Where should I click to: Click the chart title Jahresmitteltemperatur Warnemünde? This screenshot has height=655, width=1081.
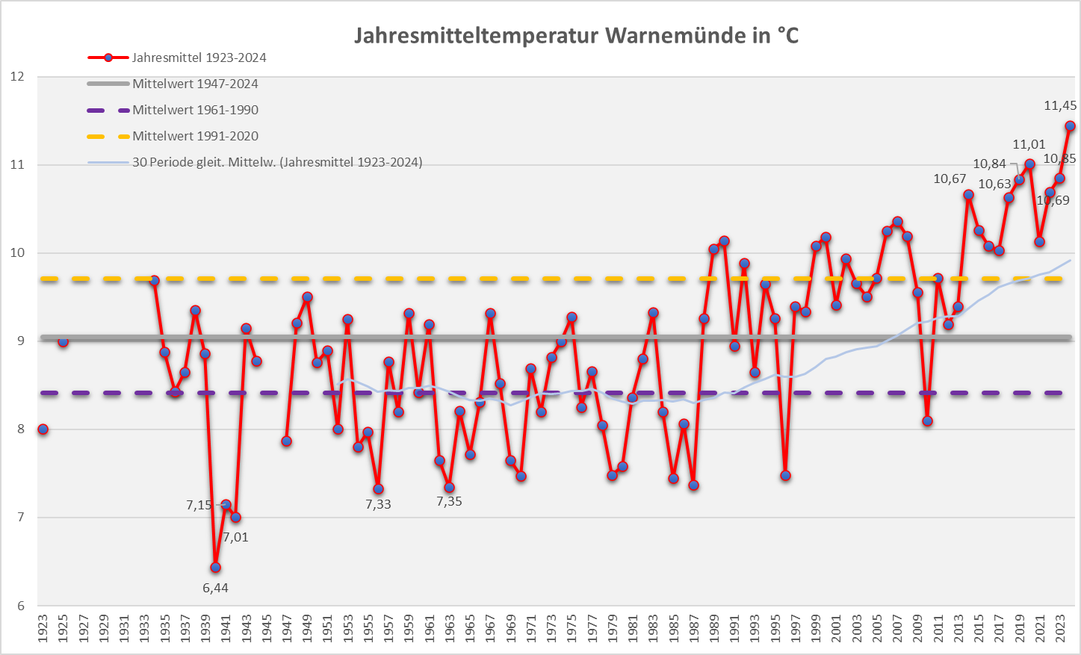tap(576, 35)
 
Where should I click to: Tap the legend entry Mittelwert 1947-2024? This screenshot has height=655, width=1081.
tap(195, 84)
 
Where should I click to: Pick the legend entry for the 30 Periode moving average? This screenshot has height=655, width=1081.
tap(276, 162)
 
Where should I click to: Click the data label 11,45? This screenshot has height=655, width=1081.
tap(1060, 106)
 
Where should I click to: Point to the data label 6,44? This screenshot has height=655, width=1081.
tap(215, 588)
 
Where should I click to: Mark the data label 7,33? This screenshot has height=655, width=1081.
tap(378, 504)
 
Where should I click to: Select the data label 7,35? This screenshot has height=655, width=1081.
tap(449, 501)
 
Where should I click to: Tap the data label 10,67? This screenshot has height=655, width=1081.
tap(950, 179)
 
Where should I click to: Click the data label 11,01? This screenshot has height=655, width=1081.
tap(1029, 144)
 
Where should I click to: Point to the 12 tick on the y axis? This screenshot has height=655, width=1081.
tap(16, 76)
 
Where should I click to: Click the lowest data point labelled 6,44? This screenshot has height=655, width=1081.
tap(215, 567)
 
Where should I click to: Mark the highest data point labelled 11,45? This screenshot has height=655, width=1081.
tap(1070, 125)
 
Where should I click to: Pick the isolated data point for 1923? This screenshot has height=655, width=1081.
tap(43, 429)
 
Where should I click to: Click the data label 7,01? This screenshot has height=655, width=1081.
tap(235, 537)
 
